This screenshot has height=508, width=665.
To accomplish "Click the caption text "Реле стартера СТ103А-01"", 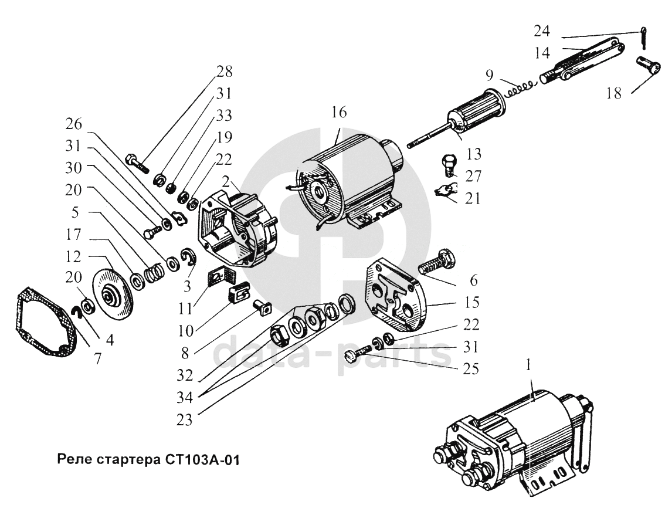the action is point(148,460).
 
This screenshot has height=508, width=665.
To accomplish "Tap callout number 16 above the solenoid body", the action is point(339,112).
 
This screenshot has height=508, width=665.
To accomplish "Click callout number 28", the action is point(225,71).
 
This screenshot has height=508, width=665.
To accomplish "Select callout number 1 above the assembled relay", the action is point(528,366).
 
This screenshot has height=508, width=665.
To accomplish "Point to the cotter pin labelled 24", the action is point(644,38).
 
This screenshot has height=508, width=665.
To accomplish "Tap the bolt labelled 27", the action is point(449,165).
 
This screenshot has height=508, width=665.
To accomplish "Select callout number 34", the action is point(185,397).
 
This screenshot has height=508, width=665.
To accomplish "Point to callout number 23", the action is point(185,419).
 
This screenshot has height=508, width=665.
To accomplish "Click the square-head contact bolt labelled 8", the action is point(262,308).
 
